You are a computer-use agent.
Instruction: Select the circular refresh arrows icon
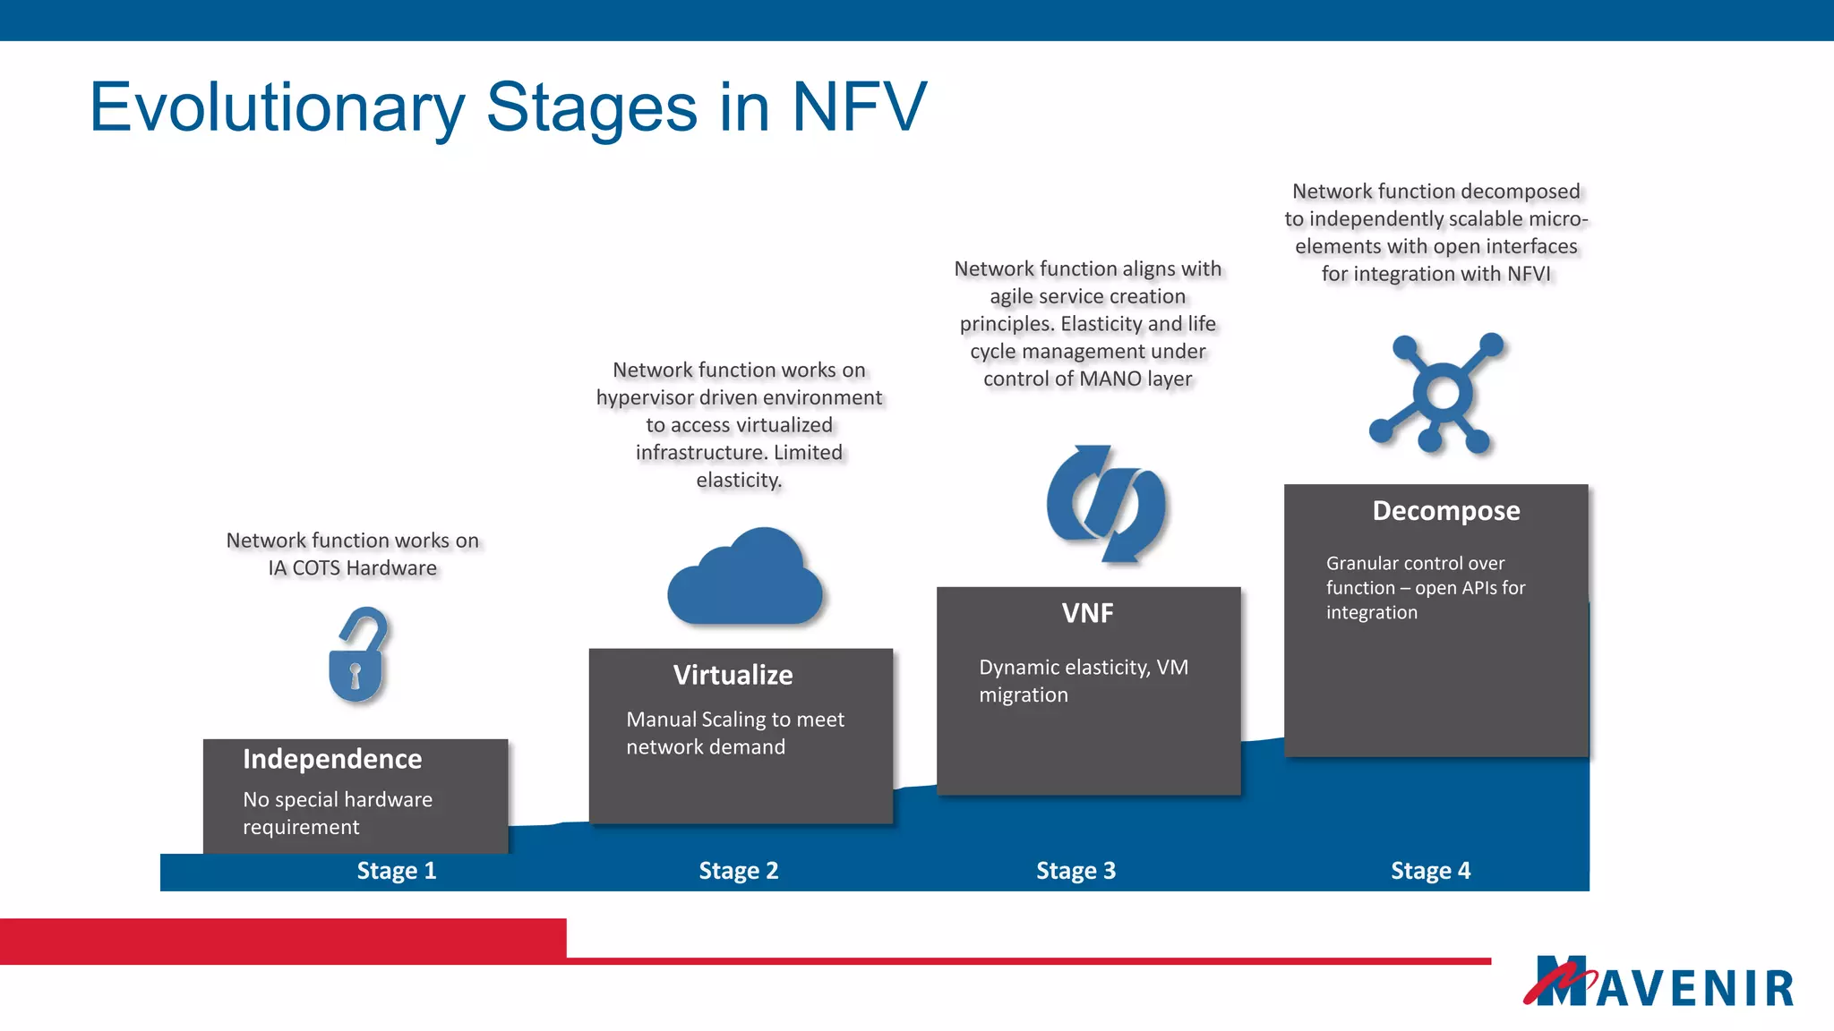1107,505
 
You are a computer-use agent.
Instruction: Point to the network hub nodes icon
1438,394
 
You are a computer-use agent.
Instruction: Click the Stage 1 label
396,871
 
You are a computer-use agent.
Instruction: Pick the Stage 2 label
738,871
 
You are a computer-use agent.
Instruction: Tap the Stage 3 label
1076,871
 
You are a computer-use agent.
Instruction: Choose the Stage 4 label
1430,871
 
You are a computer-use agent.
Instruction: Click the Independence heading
332,759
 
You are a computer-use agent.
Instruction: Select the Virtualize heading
733,675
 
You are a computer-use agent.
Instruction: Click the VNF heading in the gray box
1087,613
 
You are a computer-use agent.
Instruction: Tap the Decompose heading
1445,511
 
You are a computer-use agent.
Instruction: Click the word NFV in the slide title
859,107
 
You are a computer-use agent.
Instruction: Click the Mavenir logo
1658,983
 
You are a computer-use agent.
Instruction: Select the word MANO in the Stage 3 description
1110,379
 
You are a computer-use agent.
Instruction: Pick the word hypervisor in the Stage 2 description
649,398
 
